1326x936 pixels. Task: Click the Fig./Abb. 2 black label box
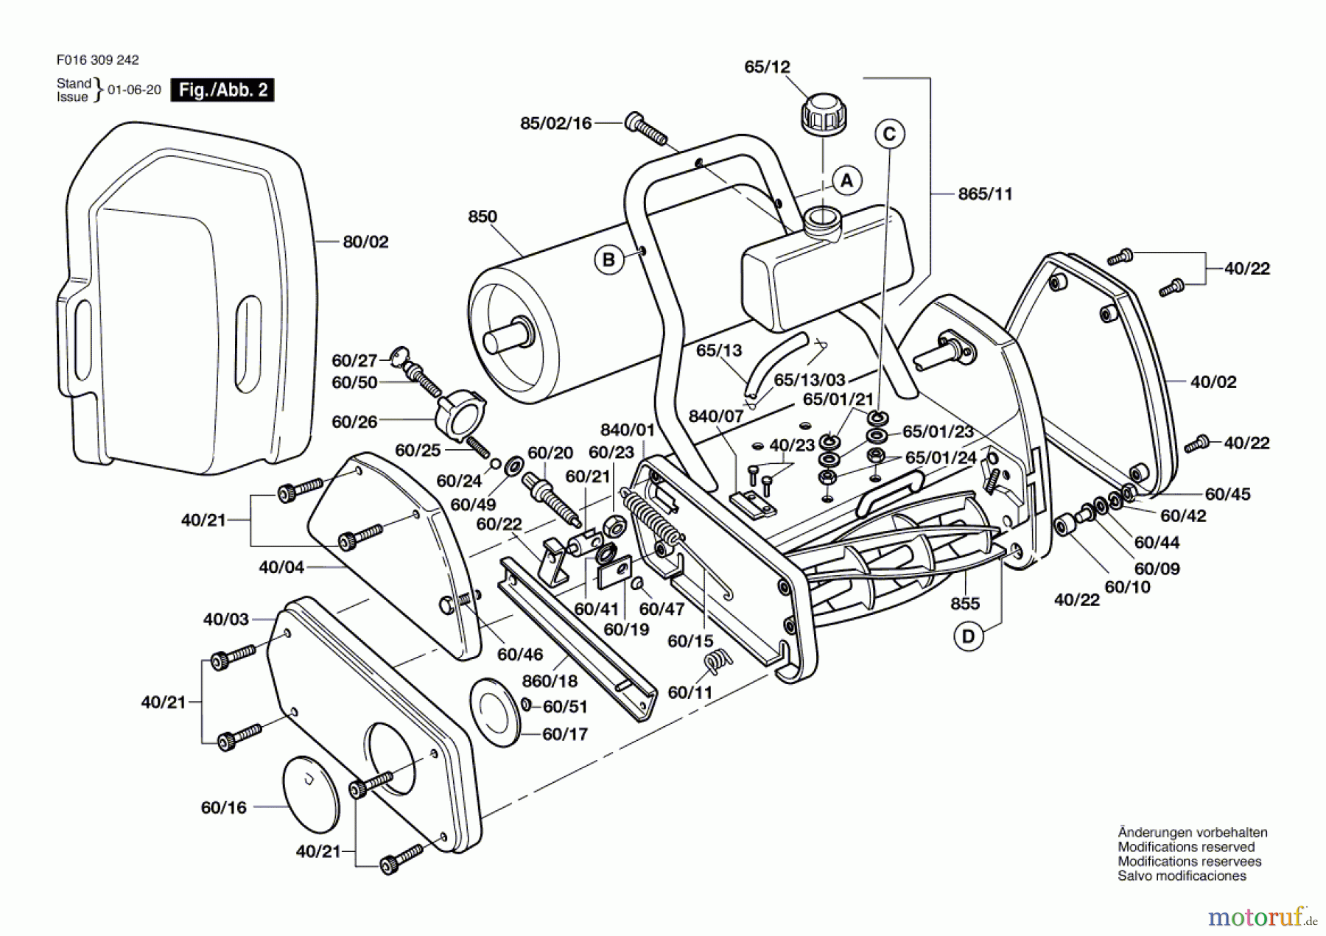pyautogui.click(x=222, y=90)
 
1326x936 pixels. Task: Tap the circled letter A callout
pyautogui.click(x=847, y=180)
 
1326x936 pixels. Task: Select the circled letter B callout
pyautogui.click(x=608, y=259)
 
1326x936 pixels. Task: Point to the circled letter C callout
pyautogui.click(x=889, y=134)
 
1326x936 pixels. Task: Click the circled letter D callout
pyautogui.click(x=968, y=636)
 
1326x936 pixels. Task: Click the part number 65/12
pyautogui.click(x=767, y=67)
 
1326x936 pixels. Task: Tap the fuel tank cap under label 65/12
pyautogui.click(x=823, y=114)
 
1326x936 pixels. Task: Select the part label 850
pyautogui.click(x=483, y=217)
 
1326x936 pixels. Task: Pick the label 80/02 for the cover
pyautogui.click(x=365, y=242)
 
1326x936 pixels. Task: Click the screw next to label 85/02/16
pyautogui.click(x=645, y=129)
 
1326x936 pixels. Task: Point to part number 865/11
pyautogui.click(x=985, y=194)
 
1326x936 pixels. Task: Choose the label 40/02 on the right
pyautogui.click(x=1213, y=381)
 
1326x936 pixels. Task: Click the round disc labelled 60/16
pyautogui.click(x=311, y=794)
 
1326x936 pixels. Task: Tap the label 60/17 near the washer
pyautogui.click(x=565, y=734)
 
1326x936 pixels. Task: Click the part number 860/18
pyautogui.click(x=550, y=681)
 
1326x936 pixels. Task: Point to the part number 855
pyautogui.click(x=965, y=604)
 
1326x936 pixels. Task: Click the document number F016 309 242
pyautogui.click(x=97, y=60)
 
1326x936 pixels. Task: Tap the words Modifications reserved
pyautogui.click(x=1186, y=847)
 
